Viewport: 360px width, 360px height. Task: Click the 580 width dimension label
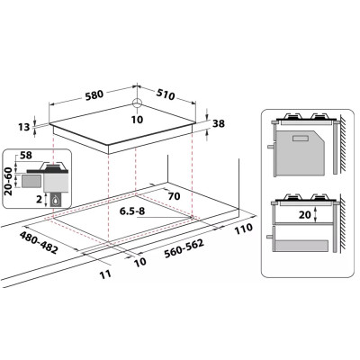94,94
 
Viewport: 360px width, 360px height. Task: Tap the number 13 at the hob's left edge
24,127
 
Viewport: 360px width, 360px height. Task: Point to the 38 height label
219,123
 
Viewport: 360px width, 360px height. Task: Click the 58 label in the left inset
26,156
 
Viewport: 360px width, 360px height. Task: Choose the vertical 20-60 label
8,182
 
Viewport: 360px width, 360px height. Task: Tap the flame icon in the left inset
56,200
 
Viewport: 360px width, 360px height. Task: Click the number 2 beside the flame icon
39,199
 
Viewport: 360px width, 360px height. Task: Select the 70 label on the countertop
174,196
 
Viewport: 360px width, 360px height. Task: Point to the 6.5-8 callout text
132,211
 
